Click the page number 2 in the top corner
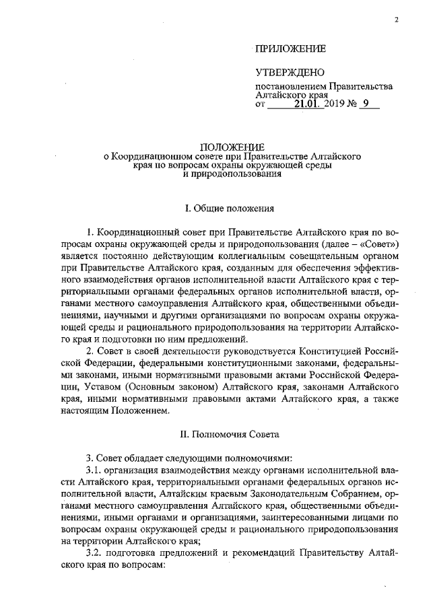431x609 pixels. pyautogui.click(x=397, y=21)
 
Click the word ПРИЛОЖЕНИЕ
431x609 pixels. pyautogui.click(x=290, y=49)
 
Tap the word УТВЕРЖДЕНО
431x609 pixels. pyautogui.click(x=290, y=73)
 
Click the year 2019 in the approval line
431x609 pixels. pyautogui.click(x=335, y=104)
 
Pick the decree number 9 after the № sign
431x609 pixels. pyautogui.click(x=366, y=104)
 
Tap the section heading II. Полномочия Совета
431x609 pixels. pyautogui.click(x=232, y=427)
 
